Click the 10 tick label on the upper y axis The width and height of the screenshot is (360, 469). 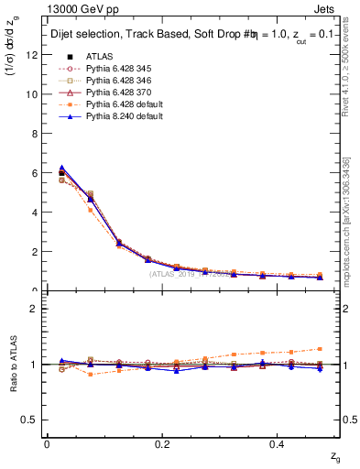33,93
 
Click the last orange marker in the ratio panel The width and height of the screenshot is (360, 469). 320,349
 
